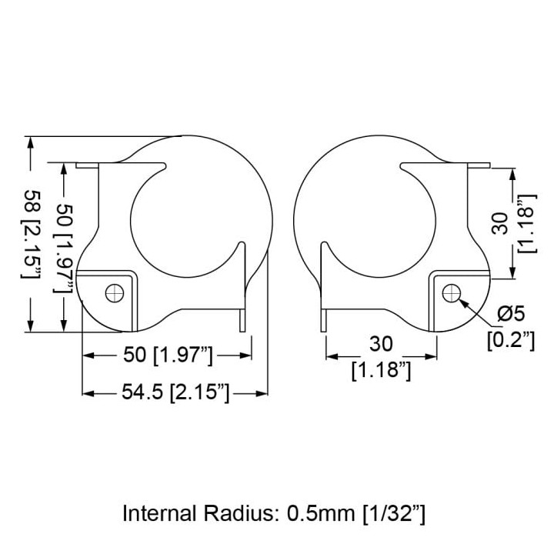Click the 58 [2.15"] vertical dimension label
[31, 234]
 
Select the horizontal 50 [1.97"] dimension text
[168, 355]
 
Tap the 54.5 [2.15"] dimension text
[175, 392]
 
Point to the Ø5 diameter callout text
[511, 313]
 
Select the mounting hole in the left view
[115, 293]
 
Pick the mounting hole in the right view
[451, 293]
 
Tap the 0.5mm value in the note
[321, 513]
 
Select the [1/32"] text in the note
[394, 514]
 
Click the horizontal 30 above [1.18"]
[381, 344]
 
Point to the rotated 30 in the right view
[500, 223]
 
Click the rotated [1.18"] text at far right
[527, 223]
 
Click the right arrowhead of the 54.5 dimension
[262, 393]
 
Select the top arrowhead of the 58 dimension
[30, 143]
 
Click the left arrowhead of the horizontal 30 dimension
[332, 356]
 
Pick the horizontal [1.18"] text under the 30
[381, 370]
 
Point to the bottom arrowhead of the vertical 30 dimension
[513, 273]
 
